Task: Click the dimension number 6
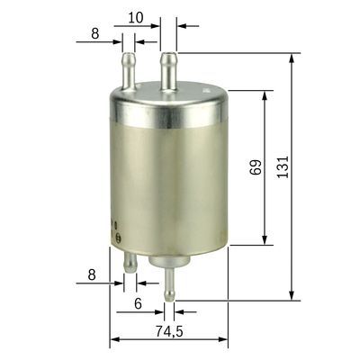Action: pos(138,304)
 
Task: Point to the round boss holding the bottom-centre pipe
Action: pos(167,261)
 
